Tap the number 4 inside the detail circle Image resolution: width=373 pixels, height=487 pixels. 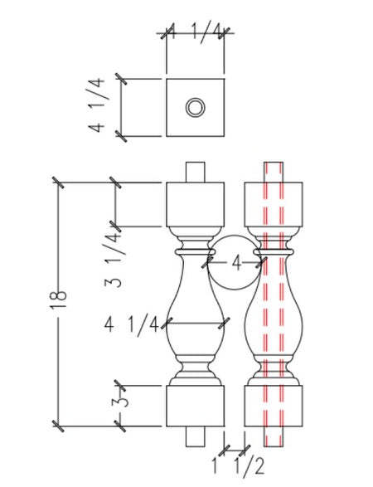(236, 263)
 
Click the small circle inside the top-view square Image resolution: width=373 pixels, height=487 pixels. (195, 107)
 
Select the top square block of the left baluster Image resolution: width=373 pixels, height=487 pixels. (196, 203)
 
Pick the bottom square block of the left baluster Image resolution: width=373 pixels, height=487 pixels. (196, 406)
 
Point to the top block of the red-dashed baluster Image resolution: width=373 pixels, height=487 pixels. (274, 203)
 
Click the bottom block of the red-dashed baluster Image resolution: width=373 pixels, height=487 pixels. (274, 406)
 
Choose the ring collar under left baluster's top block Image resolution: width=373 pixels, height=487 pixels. (196, 248)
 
